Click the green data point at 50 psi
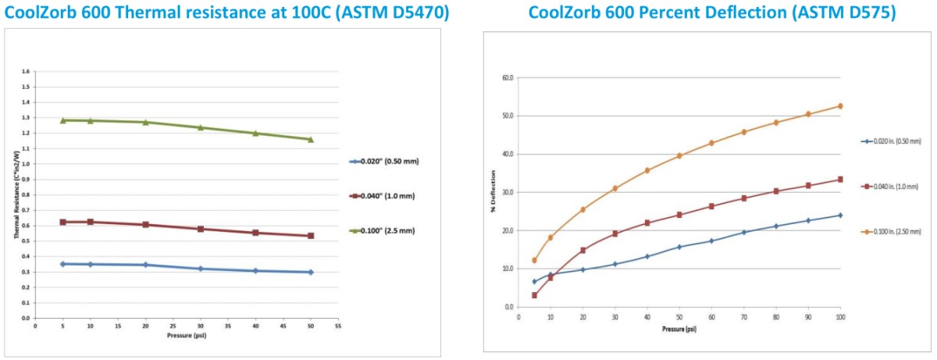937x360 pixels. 311,140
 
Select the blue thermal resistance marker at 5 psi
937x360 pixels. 62,264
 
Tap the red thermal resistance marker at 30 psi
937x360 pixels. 201,229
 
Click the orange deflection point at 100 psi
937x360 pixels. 840,106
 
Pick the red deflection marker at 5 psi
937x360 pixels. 534,295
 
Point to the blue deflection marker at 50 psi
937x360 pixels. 679,247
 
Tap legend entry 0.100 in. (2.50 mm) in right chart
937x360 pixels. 897,232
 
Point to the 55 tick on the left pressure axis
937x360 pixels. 338,326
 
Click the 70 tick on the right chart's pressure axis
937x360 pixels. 743,315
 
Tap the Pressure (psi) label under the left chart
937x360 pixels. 186,335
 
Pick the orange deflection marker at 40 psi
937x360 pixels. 647,170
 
